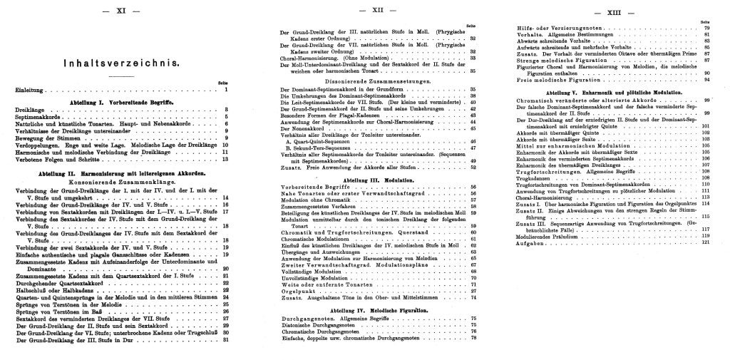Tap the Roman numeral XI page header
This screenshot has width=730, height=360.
tap(120, 11)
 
